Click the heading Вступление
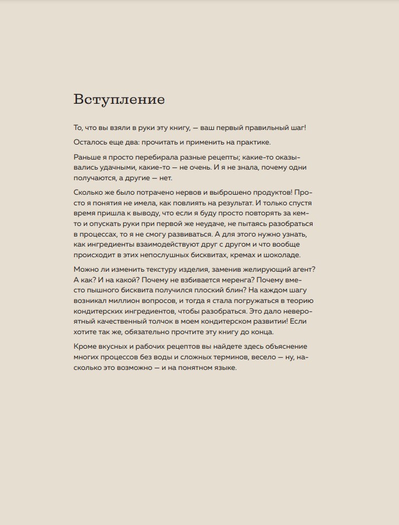pyautogui.click(x=119, y=99)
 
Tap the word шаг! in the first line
pyautogui.click(x=295, y=128)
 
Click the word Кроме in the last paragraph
pyautogui.click(x=85, y=346)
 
